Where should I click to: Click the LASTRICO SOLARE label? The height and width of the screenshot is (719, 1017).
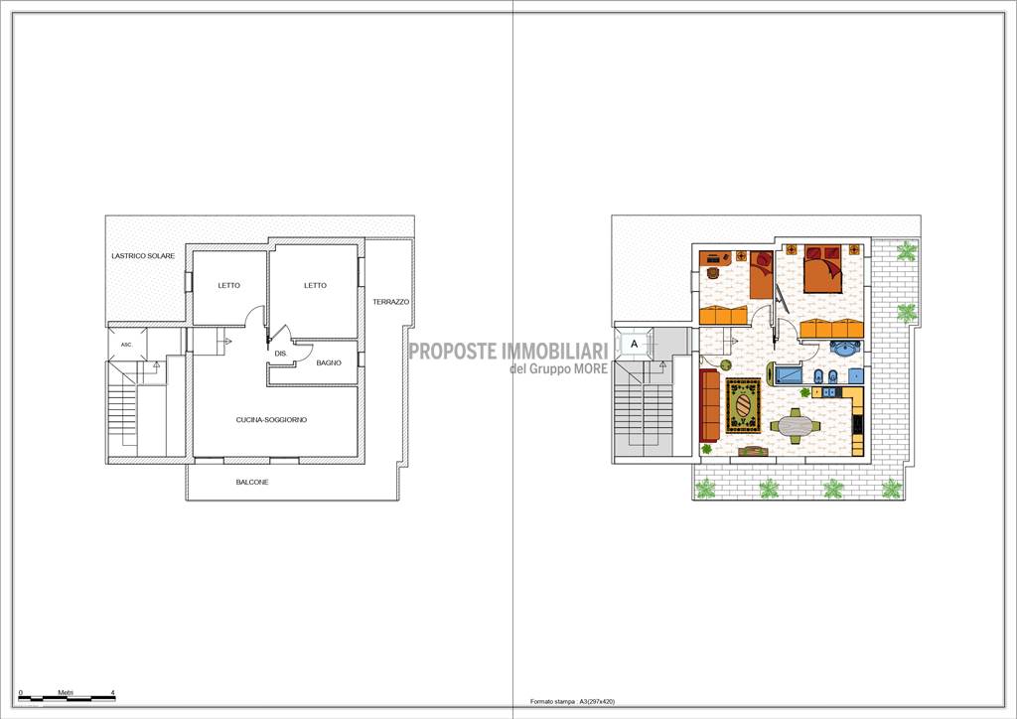coord(143,256)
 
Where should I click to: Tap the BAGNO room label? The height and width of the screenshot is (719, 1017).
coord(329,363)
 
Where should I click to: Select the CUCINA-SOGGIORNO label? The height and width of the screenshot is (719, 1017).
coord(271,420)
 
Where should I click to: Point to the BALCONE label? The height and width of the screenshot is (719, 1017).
coord(251,483)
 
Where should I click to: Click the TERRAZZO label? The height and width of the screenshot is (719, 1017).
coord(390,302)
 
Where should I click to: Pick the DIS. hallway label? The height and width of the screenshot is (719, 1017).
coord(281,354)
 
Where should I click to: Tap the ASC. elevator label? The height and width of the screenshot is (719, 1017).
coord(126,345)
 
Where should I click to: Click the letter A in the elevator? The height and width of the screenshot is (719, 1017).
coord(635,345)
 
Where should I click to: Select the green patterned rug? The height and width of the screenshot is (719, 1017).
coord(743,406)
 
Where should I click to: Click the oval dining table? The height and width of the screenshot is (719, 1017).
coord(796,427)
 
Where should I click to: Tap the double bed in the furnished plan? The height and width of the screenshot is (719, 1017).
coord(822,268)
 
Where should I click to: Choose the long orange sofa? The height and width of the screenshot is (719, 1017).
coord(709,405)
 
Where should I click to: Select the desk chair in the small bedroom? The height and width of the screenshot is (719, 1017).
coord(713,273)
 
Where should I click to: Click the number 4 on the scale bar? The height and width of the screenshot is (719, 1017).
coord(113,693)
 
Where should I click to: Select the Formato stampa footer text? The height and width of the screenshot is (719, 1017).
coord(573,701)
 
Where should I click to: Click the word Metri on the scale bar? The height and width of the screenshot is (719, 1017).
coord(66,693)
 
